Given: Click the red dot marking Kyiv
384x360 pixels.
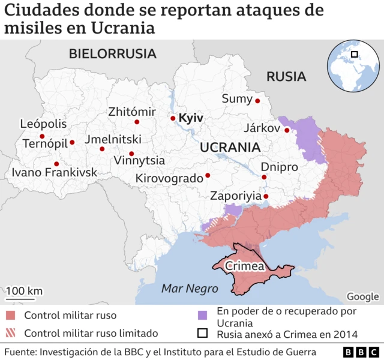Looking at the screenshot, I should click(x=173, y=118).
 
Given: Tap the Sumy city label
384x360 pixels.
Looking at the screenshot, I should click(x=237, y=99).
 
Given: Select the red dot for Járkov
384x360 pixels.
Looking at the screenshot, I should click(x=287, y=130).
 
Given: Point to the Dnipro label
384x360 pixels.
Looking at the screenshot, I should click(x=279, y=167).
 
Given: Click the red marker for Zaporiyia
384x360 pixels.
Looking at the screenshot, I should click(x=266, y=196).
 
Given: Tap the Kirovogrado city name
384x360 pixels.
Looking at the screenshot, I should click(x=170, y=178).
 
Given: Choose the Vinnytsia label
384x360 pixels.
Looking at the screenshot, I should click(x=139, y=161).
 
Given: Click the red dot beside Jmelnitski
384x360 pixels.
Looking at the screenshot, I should click(x=102, y=149).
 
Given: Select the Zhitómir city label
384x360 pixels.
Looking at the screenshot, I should click(x=132, y=112).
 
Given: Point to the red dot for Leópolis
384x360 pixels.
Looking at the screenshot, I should click(x=42, y=136).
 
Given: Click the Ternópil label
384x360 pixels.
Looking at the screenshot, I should click(x=45, y=143).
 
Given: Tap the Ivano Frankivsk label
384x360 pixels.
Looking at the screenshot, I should click(x=54, y=173).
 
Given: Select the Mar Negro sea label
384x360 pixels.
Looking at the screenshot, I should click(x=190, y=289).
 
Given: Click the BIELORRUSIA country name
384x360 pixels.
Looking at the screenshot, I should click(x=112, y=53).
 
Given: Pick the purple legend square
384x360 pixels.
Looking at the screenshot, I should click(x=203, y=314).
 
